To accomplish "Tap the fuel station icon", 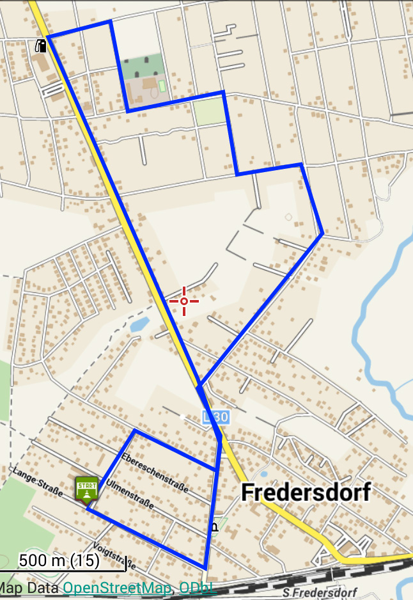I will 41,45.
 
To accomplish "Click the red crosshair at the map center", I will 183,301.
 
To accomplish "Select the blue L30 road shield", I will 215,417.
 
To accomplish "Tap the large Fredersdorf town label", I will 306,493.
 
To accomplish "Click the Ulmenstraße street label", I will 130,494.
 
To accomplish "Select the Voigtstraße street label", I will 114,555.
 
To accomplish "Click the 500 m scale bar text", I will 59,561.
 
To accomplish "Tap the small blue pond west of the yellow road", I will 137,326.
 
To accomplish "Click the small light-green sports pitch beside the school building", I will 162,85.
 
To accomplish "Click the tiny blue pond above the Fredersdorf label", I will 261,474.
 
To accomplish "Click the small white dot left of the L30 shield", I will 183,417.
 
